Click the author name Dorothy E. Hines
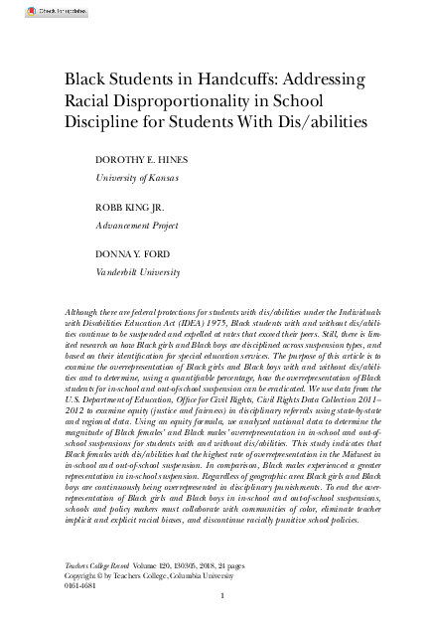click(x=140, y=161)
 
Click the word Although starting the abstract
click(x=81, y=311)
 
